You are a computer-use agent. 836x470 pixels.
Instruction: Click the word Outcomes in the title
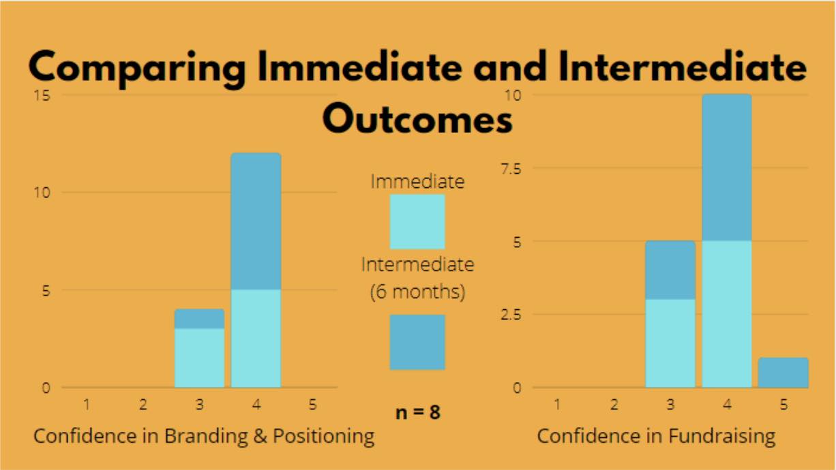pyautogui.click(x=417, y=119)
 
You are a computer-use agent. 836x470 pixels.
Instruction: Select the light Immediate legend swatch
pyautogui.click(x=417, y=221)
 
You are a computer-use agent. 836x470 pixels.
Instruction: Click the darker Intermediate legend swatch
pyautogui.click(x=417, y=342)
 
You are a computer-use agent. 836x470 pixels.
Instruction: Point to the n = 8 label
pyautogui.click(x=417, y=412)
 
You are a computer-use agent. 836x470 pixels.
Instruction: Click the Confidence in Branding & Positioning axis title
pyautogui.click(x=204, y=436)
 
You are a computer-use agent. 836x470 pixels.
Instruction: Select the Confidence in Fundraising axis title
pyautogui.click(x=656, y=436)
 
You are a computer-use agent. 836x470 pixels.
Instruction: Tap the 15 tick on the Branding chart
pyautogui.click(x=42, y=95)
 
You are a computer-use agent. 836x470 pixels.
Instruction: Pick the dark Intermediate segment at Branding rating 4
pyautogui.click(x=256, y=221)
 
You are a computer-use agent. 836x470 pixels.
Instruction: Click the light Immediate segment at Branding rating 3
pyautogui.click(x=199, y=358)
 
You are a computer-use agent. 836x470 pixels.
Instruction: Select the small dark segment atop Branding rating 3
pyautogui.click(x=199, y=319)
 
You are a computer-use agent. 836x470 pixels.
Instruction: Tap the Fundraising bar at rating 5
pyautogui.click(x=783, y=373)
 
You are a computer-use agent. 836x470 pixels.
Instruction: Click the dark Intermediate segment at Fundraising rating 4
pyautogui.click(x=727, y=168)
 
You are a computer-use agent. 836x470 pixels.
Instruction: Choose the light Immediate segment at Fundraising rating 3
pyautogui.click(x=670, y=343)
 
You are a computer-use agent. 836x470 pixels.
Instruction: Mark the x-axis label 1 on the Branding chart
pyautogui.click(x=87, y=405)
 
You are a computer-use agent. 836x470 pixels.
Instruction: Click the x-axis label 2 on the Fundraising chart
pyautogui.click(x=614, y=405)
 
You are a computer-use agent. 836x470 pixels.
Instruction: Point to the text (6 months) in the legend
pyautogui.click(x=417, y=292)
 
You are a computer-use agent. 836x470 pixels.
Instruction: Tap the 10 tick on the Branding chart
pyautogui.click(x=42, y=192)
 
